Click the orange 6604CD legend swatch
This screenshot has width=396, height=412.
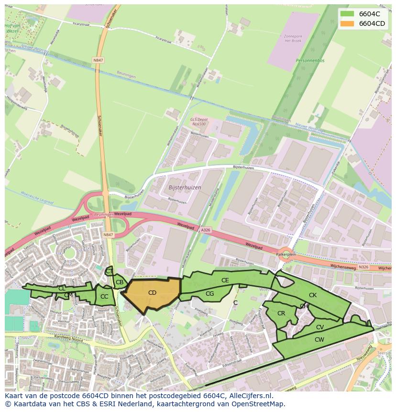tap(347, 23)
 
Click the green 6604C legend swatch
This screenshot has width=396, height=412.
tap(347, 14)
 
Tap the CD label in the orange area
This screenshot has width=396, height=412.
tap(152, 292)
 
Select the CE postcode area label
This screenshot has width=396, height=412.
tap(225, 280)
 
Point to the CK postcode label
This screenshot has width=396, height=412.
tap(312, 295)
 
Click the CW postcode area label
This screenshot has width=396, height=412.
tap(319, 339)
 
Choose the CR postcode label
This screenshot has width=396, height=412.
tap(281, 313)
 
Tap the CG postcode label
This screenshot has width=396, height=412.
tap(209, 293)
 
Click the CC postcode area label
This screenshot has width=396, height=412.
tap(104, 297)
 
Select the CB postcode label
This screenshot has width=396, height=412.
tap(120, 282)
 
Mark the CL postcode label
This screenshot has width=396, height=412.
tap(62, 288)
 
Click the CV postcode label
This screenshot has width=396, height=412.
tap(320, 327)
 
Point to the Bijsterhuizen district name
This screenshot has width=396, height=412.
tap(185, 187)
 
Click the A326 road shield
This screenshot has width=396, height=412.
tap(205, 230)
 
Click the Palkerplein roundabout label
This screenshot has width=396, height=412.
tap(286, 255)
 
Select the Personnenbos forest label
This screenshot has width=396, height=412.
tap(310, 61)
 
